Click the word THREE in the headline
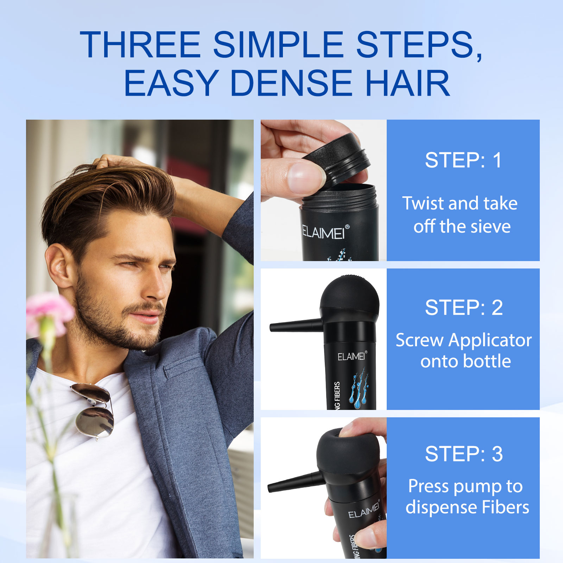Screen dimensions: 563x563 [x=140, y=45]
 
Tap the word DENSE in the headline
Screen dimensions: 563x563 [x=291, y=83]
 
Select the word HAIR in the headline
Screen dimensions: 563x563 [x=408, y=83]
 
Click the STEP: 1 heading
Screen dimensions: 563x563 [x=463, y=160]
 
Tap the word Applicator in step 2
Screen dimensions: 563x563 [x=490, y=340]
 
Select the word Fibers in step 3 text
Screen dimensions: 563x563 [x=505, y=507]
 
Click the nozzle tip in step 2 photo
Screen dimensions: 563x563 [x=272, y=328]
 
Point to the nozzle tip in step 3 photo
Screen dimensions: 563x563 [x=270, y=488]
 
